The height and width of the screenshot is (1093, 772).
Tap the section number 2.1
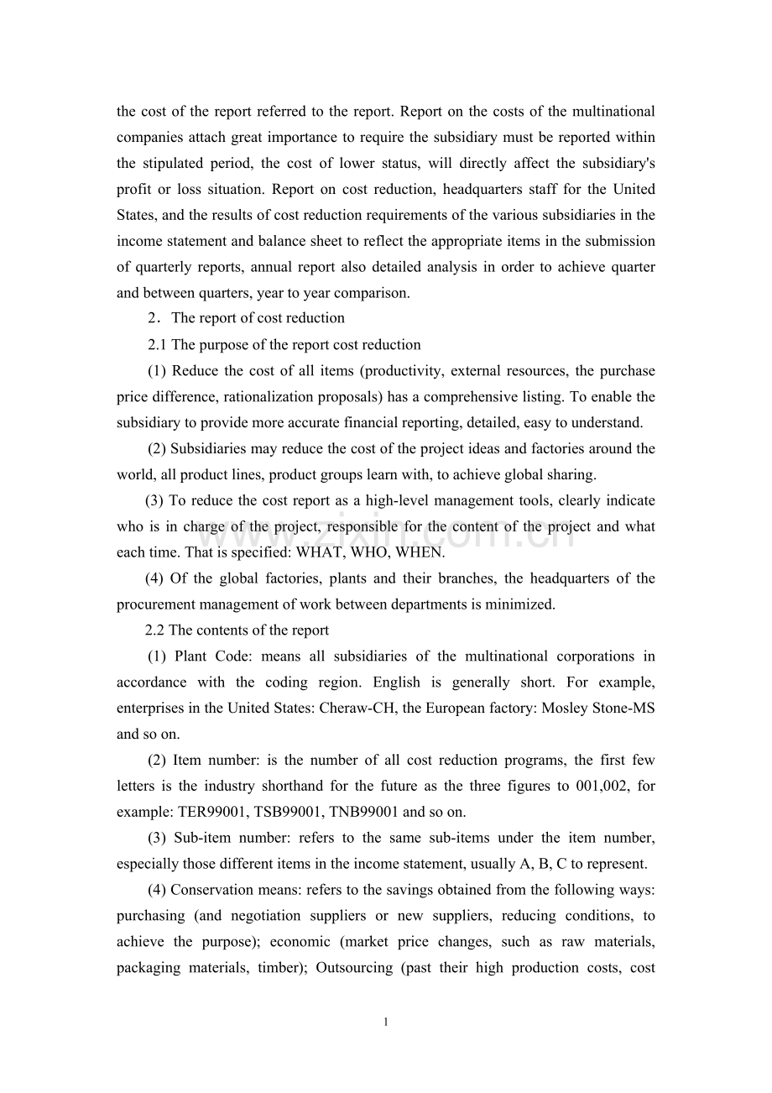click(x=158, y=344)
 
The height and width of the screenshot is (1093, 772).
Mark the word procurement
click(x=151, y=604)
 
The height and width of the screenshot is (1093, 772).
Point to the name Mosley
click(x=564, y=708)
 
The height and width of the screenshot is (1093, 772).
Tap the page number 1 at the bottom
click(x=385, y=1022)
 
